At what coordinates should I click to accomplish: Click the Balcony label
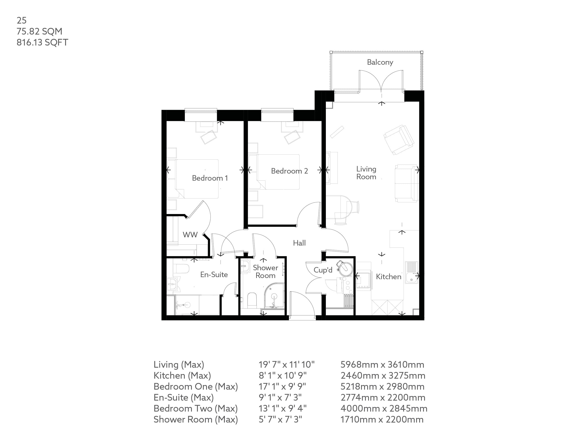point(380,62)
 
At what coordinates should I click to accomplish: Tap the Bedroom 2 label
point(289,171)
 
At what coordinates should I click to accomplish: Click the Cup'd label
point(323,270)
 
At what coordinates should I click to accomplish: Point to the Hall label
point(299,243)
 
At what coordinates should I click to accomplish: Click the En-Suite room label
point(214,275)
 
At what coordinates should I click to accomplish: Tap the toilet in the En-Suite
point(182,269)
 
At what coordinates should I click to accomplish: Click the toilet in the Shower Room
point(252,300)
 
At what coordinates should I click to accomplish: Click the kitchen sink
point(411,273)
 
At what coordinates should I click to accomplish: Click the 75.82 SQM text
point(39,32)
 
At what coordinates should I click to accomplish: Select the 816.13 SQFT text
point(42,42)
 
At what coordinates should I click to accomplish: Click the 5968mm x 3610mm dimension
point(382,365)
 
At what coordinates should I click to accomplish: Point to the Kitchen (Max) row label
point(182,375)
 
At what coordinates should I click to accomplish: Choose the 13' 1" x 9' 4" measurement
point(282,409)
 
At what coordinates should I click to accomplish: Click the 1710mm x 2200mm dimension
point(382,419)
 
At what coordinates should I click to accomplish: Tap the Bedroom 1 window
point(201,111)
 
